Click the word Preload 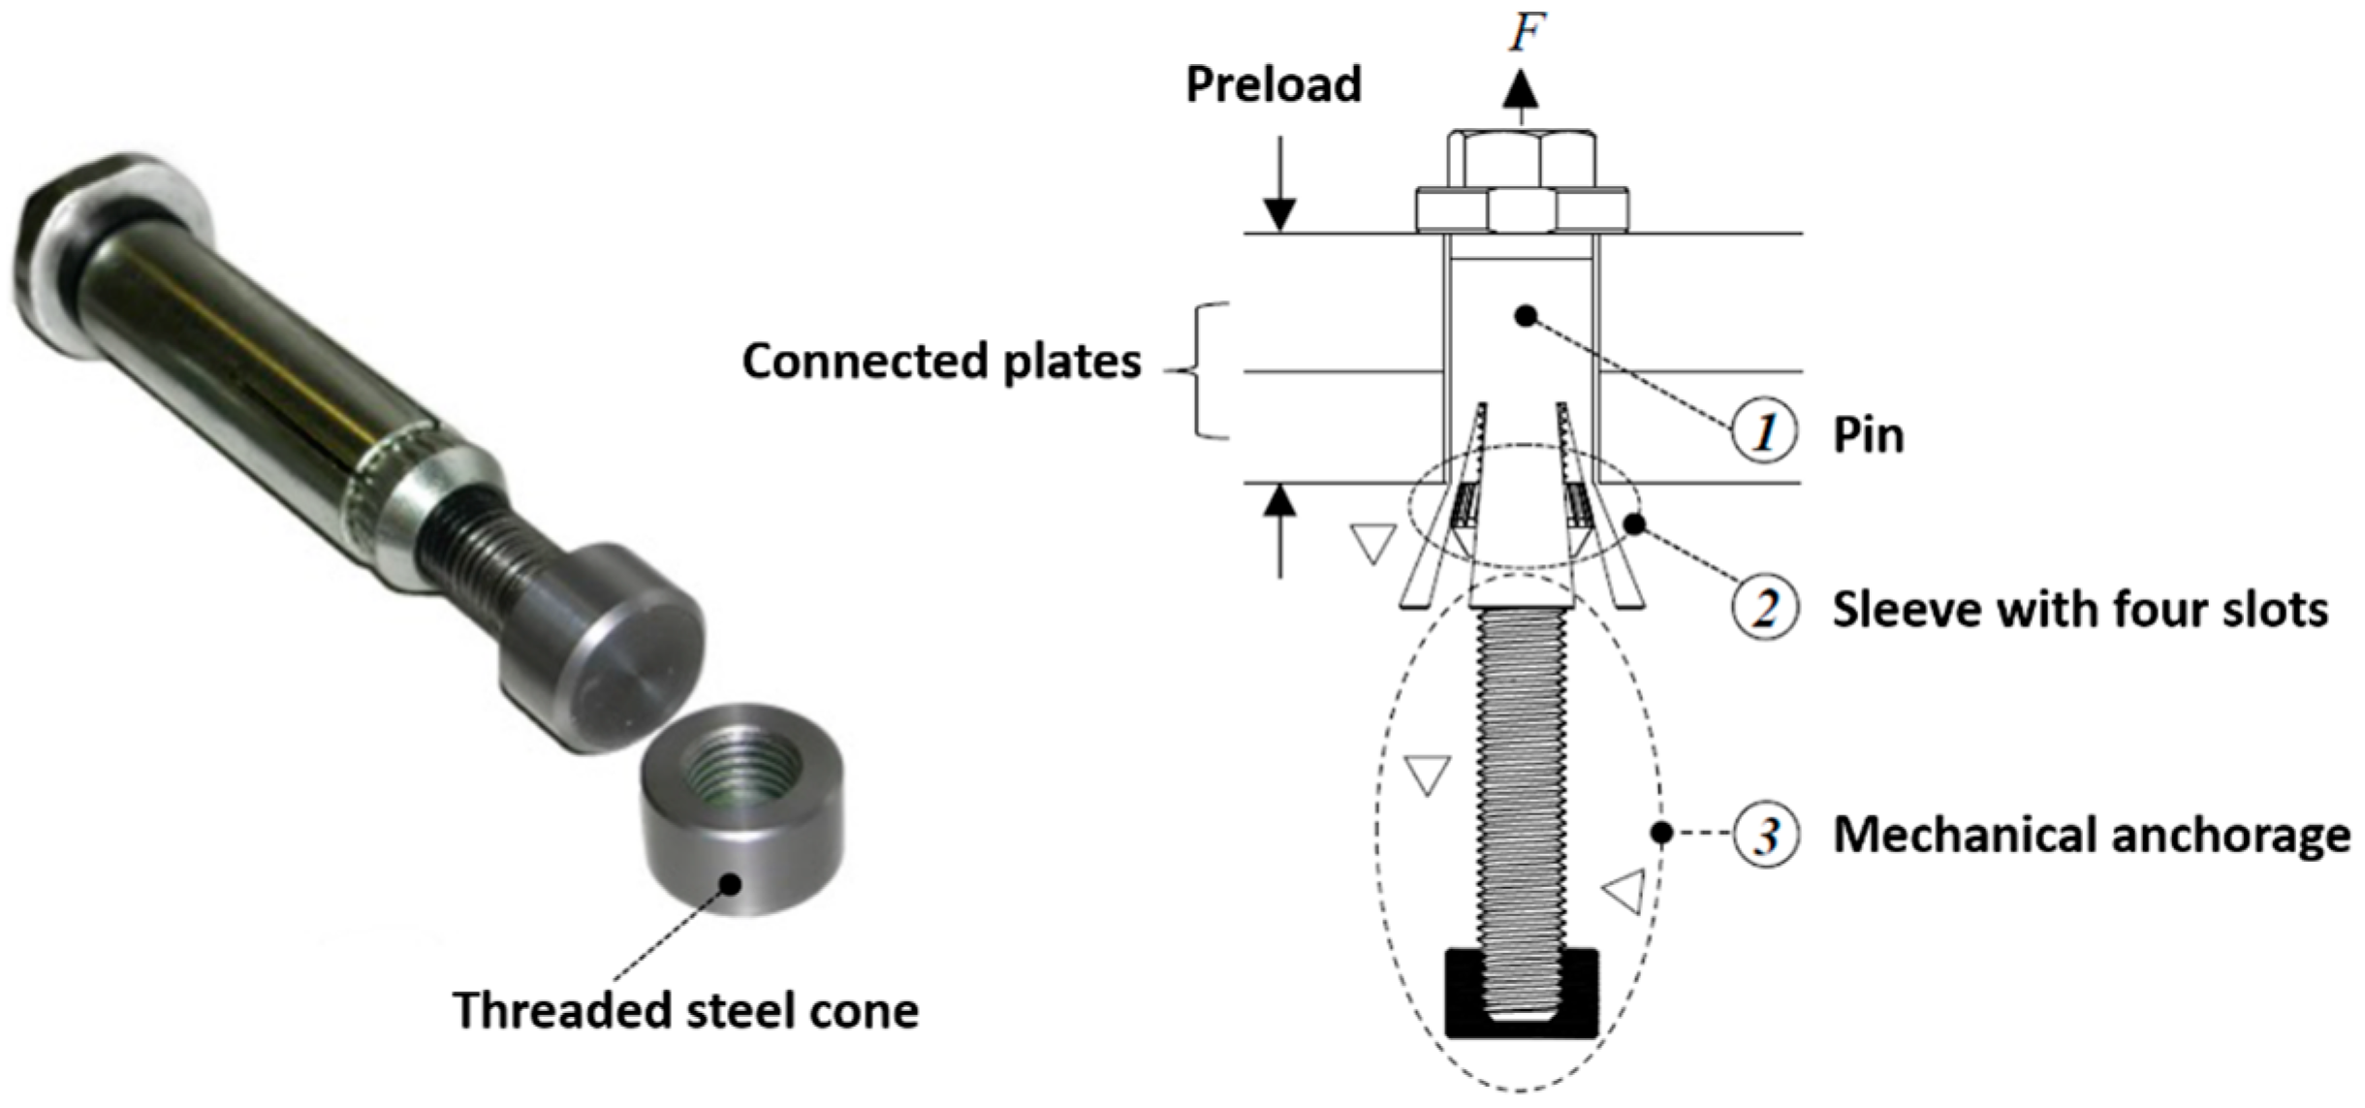1273,84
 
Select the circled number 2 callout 1764,609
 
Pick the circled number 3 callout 1766,835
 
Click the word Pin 1868,435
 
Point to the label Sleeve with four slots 2079,610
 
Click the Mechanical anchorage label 2092,835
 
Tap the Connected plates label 941,362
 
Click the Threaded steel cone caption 685,1011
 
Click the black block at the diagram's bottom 1521,993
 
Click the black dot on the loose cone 732,883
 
